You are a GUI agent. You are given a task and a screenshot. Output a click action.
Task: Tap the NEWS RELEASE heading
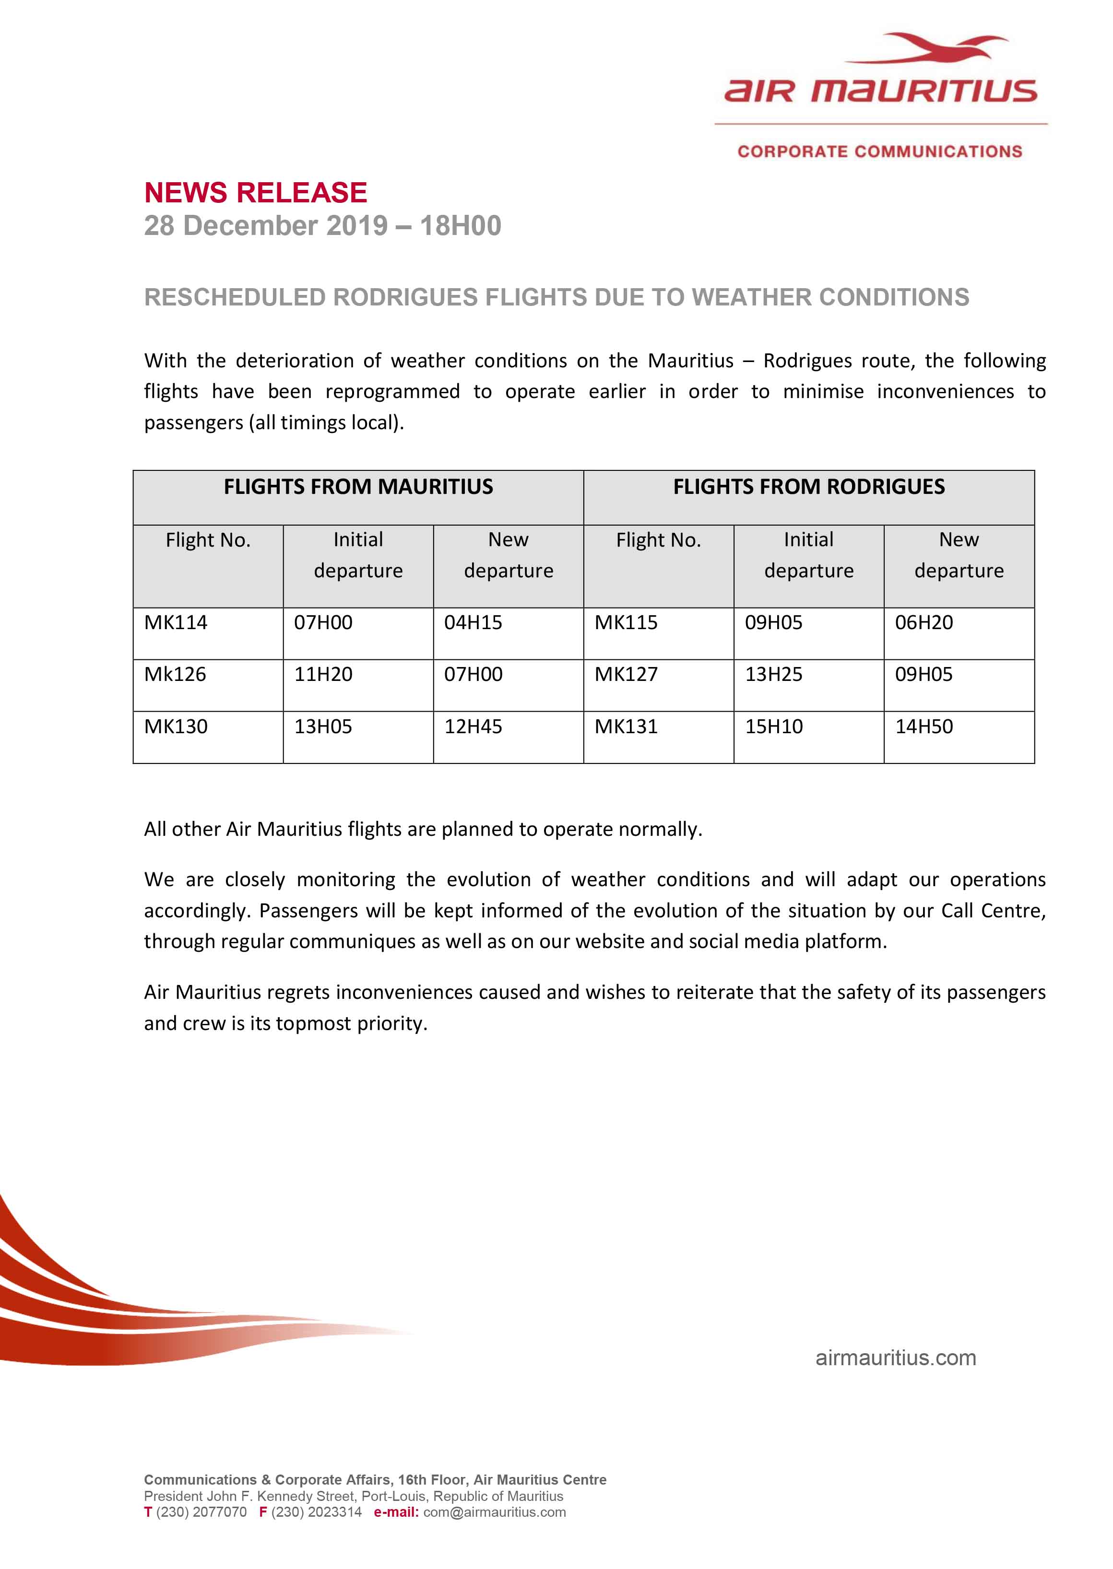click(256, 192)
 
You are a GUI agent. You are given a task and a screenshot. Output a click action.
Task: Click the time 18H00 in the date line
click(461, 225)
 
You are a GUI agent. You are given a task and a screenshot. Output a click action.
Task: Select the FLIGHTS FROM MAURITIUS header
click(358, 487)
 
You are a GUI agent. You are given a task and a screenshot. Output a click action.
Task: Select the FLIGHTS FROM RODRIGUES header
click(809, 487)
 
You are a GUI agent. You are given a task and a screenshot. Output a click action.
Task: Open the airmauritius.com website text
click(896, 1358)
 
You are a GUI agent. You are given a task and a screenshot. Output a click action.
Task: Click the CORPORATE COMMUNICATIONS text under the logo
click(879, 152)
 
